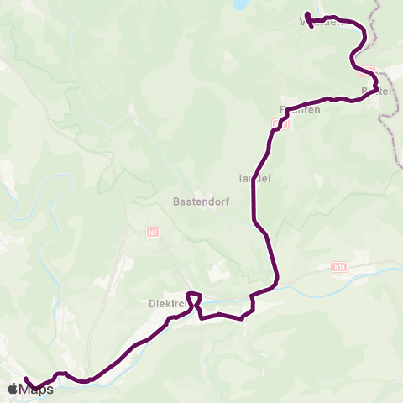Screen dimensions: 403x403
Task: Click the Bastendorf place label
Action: point(196,201)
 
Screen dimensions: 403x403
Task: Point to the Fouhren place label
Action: point(295,110)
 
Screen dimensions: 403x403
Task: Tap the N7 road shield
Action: point(152,232)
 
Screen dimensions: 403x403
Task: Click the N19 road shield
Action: point(339,268)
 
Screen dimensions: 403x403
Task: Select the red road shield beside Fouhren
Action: point(280,125)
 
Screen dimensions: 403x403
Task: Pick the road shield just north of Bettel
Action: point(367,72)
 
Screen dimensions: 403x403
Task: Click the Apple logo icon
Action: point(13,389)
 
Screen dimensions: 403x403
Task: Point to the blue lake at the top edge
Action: point(242,4)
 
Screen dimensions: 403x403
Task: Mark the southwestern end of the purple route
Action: point(26,379)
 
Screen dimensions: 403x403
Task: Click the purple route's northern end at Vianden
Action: point(307,14)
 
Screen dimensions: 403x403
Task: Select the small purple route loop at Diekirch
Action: point(194,297)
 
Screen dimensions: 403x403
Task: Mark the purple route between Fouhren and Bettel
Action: point(332,98)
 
